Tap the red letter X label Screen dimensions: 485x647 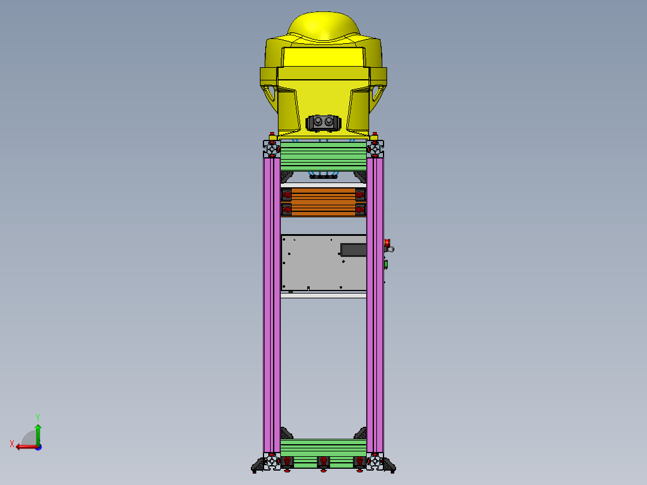(12, 444)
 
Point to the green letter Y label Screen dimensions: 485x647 (37, 417)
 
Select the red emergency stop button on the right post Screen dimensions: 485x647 (388, 242)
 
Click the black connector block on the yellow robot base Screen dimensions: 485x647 (323, 123)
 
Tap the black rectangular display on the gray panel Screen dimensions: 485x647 (353, 249)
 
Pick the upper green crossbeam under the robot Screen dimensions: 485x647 (323, 155)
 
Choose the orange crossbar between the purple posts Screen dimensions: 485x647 (323, 201)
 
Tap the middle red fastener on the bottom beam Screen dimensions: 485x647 (323, 461)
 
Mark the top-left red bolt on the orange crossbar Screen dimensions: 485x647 (287, 194)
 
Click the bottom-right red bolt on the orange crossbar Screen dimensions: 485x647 (360, 209)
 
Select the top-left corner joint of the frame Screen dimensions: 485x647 (272, 147)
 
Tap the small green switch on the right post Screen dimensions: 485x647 (386, 264)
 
